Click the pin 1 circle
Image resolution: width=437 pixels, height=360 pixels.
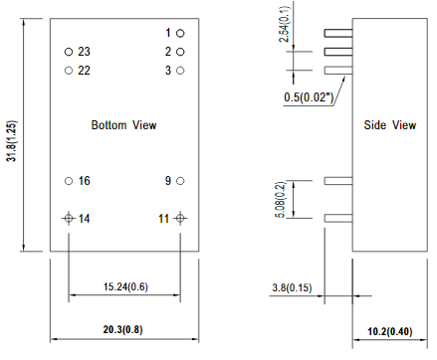(181, 33)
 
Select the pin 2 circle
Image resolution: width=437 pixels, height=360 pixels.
(181, 51)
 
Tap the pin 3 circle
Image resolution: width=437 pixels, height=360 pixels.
(181, 70)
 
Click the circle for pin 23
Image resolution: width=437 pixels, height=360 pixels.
(68, 51)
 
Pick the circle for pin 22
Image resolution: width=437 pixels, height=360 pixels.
(68, 70)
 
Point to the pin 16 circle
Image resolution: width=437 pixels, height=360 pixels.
(68, 181)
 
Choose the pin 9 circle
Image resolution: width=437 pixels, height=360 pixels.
(181, 181)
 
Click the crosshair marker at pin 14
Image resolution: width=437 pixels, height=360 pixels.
(68, 218)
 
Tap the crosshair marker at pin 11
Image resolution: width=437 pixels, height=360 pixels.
(181, 218)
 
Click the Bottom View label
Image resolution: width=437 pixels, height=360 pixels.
(123, 125)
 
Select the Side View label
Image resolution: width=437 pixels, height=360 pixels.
(389, 125)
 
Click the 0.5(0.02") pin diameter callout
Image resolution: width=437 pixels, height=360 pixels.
(307, 97)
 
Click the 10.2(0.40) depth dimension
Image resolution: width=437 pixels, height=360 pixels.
(389, 331)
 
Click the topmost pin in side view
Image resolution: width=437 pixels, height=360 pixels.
(338, 33)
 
